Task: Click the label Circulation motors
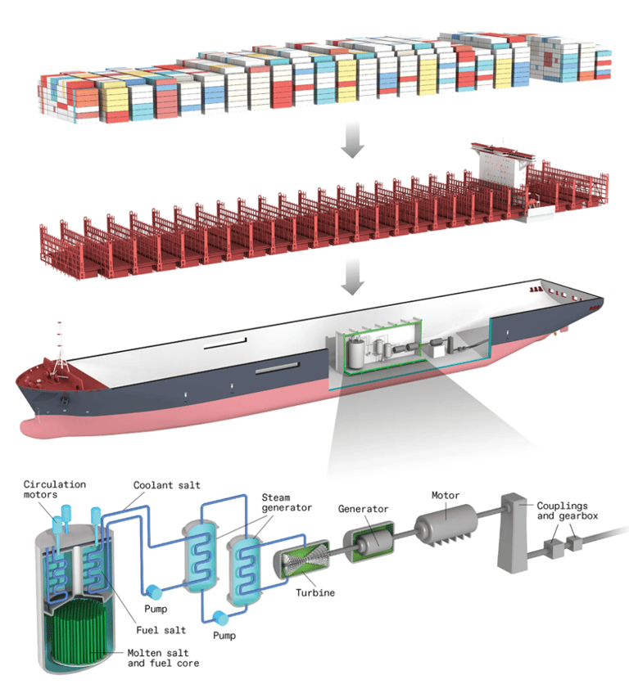pyautogui.click(x=54, y=491)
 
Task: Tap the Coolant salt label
pyautogui.click(x=167, y=485)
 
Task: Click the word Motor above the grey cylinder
pyautogui.click(x=447, y=495)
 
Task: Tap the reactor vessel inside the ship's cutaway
pyautogui.click(x=355, y=353)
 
